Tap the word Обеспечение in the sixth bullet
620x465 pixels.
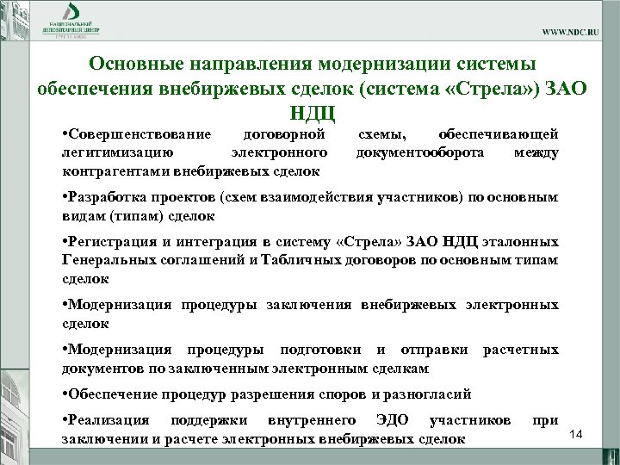click(x=113, y=394)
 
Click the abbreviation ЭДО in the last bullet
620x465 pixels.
click(x=394, y=420)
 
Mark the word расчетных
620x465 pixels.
click(x=521, y=350)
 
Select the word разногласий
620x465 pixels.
click(x=427, y=394)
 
